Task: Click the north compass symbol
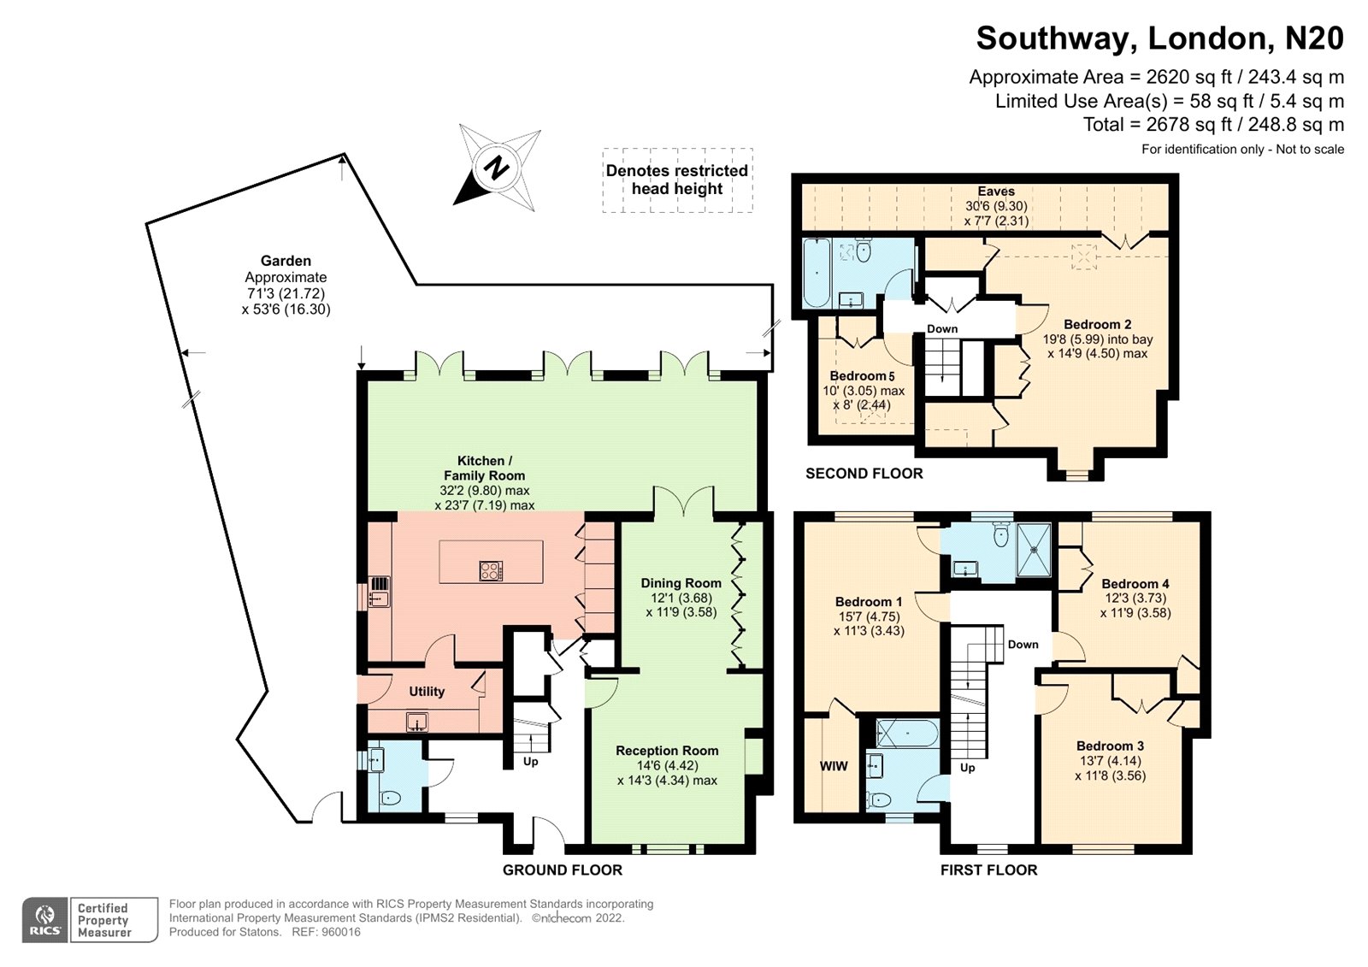click(497, 168)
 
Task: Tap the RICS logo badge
click(45, 920)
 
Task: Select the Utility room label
click(427, 692)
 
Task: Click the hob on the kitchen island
click(491, 570)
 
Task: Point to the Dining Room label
click(681, 583)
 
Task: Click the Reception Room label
click(667, 751)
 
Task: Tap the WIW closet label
click(834, 766)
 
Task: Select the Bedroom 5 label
click(862, 375)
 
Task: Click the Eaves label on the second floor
click(996, 192)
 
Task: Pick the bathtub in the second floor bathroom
click(816, 273)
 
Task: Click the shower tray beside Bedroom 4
click(1034, 550)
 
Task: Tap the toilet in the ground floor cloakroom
click(390, 798)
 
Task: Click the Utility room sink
click(417, 722)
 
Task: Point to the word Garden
click(286, 261)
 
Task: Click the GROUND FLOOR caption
click(563, 870)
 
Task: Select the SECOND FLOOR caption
click(864, 474)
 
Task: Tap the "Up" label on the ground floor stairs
click(530, 762)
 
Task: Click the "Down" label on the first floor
click(1023, 645)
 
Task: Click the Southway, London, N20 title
click(1159, 38)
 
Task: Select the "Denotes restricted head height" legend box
click(677, 180)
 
